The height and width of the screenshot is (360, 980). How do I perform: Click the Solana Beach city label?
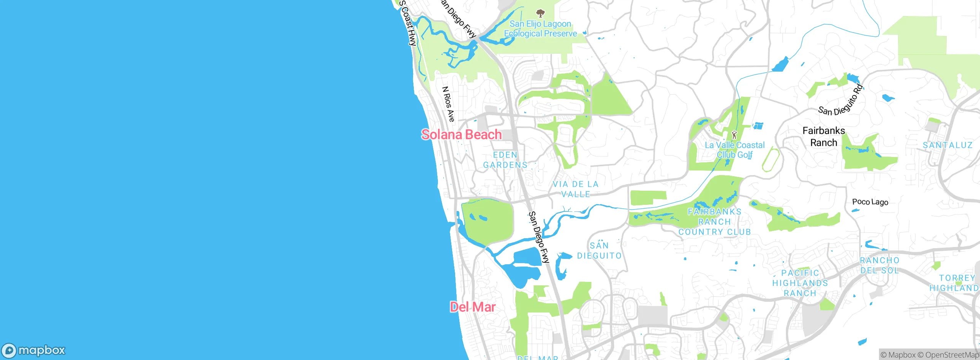pos(461,134)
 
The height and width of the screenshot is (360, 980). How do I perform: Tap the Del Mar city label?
pos(472,307)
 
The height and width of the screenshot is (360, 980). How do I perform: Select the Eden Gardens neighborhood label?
pos(505,160)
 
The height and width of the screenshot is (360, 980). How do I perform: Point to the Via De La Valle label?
pos(575,189)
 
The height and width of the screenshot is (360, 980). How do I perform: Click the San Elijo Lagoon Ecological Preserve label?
pos(540,29)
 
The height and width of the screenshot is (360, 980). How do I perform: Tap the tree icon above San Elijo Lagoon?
pos(540,14)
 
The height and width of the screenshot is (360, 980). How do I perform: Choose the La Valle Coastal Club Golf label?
pos(735,150)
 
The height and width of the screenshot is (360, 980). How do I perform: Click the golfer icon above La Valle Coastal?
pos(734,135)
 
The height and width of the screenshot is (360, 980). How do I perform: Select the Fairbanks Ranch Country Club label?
pos(714,222)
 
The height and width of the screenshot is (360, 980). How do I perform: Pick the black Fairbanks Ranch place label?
pos(823,136)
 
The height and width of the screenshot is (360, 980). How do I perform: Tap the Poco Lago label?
pos(870,202)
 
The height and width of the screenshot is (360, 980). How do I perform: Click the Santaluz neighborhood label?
pos(947,145)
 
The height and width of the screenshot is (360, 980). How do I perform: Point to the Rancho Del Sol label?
pos(879,265)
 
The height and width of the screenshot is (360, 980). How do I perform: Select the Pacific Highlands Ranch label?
pos(800,283)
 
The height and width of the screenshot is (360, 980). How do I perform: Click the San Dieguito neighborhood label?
pos(599,250)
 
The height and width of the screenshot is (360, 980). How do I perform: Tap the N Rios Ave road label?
pos(448,104)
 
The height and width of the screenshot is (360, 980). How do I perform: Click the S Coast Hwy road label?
pos(407,23)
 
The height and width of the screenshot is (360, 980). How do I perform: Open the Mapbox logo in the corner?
pos(34,350)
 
